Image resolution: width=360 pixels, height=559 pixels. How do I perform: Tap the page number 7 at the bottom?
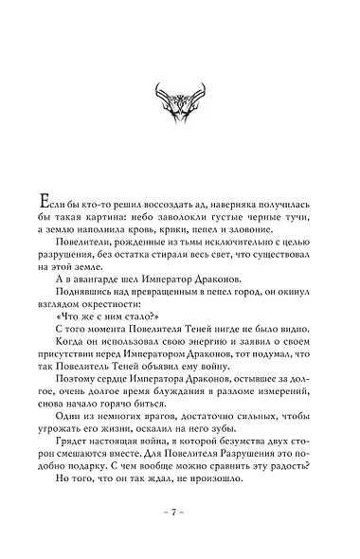point(179,513)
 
